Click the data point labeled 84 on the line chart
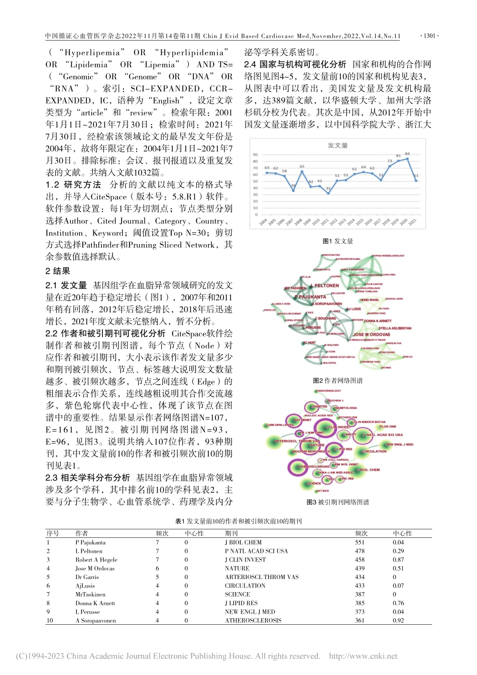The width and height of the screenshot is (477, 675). tap(407, 159)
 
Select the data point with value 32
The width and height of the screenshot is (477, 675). tap(328, 193)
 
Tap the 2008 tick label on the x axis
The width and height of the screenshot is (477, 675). tap(298, 221)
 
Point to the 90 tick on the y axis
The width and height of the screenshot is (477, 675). tap(255, 155)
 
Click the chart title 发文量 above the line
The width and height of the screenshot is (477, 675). tap(337, 145)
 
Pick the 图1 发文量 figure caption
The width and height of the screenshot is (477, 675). tap(337, 241)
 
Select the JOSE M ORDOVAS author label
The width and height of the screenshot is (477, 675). tap(371, 334)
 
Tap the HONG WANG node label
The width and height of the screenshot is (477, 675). tap(370, 300)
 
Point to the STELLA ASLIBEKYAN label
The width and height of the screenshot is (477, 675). tap(395, 328)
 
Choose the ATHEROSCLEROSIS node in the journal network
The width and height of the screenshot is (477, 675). tap(313, 467)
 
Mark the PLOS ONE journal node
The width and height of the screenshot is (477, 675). tap(388, 426)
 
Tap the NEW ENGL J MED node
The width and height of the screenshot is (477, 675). tap(399, 444)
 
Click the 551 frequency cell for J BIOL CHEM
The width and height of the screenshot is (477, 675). tap(360, 542)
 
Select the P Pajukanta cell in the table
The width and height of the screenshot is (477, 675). tap(90, 542)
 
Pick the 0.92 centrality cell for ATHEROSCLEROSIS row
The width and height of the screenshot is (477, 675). tap(398, 621)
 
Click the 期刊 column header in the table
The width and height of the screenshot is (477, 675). tap(231, 533)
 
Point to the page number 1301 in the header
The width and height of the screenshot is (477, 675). tap(429, 36)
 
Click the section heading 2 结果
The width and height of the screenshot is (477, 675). tap(58, 271)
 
